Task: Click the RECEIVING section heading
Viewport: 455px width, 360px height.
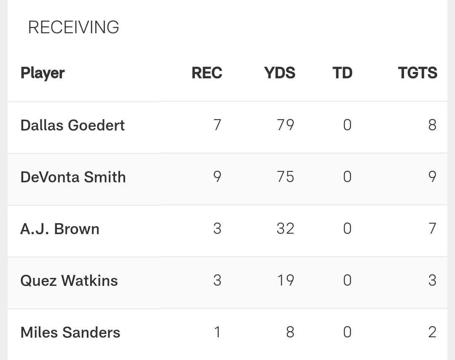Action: (x=73, y=28)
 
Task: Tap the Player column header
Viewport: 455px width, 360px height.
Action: (x=43, y=73)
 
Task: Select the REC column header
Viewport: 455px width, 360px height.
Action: (x=206, y=73)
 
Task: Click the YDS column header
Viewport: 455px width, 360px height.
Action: (x=280, y=73)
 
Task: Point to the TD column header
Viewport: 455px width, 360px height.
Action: (x=342, y=73)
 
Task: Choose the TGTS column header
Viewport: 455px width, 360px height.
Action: (x=418, y=73)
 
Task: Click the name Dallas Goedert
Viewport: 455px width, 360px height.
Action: (x=72, y=125)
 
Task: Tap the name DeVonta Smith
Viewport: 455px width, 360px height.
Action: (x=73, y=177)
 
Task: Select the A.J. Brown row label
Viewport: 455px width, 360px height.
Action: (x=60, y=229)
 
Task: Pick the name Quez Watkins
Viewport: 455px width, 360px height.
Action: (x=69, y=281)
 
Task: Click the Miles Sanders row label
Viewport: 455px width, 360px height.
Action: (x=70, y=333)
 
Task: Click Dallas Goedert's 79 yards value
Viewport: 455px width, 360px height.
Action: (x=285, y=125)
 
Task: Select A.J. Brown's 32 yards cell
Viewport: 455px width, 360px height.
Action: (x=285, y=229)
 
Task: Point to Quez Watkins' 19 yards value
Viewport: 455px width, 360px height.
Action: (x=285, y=281)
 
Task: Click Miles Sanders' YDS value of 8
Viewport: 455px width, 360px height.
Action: (x=290, y=333)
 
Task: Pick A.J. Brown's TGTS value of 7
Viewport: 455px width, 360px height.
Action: (x=432, y=229)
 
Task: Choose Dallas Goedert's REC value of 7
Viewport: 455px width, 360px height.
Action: (x=217, y=125)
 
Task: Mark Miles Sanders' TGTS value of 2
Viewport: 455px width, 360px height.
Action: (x=432, y=333)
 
